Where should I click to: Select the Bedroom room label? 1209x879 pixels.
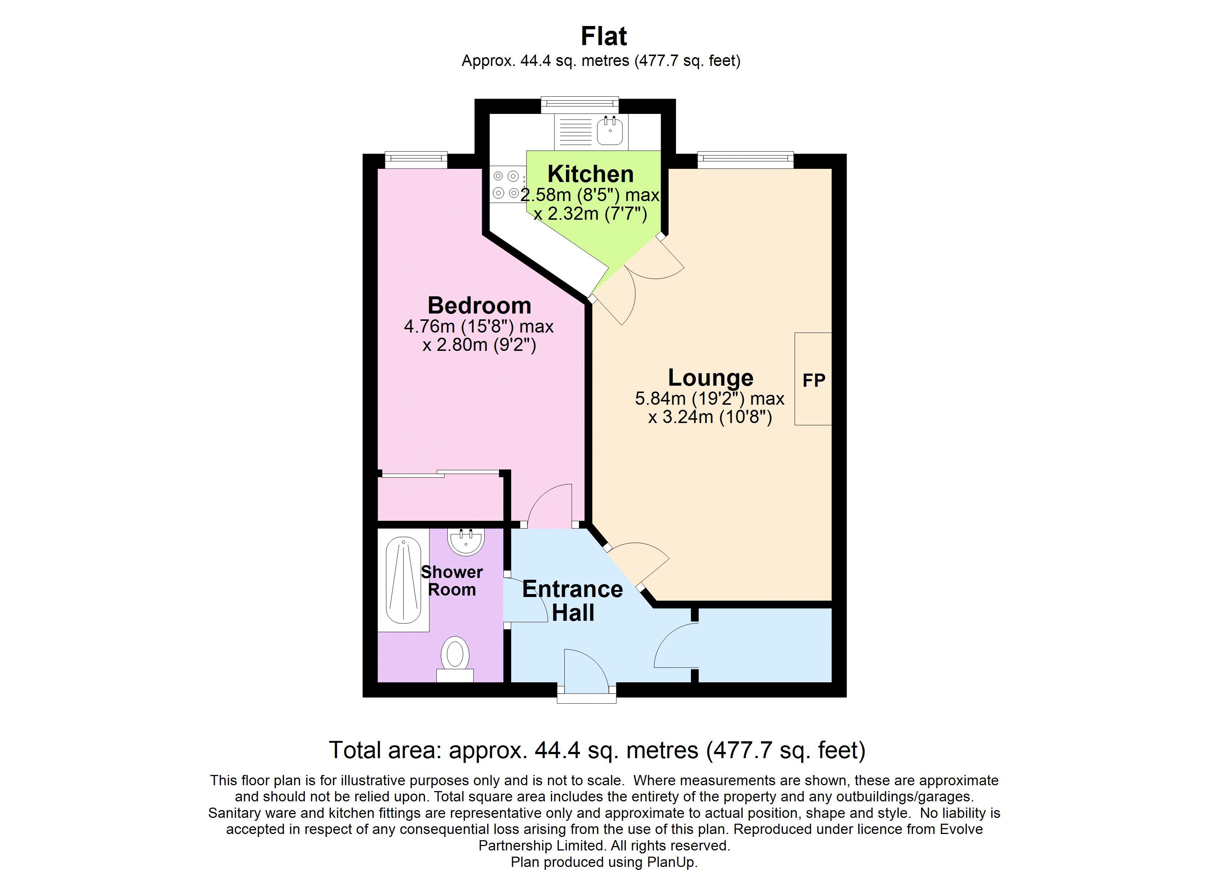point(479,305)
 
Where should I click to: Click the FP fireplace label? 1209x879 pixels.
point(813,380)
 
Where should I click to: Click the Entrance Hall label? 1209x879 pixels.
point(573,600)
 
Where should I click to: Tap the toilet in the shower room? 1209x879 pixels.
point(455,656)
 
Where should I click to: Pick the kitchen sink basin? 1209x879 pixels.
point(610,131)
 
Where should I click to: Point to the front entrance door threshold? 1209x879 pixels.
point(587,698)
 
